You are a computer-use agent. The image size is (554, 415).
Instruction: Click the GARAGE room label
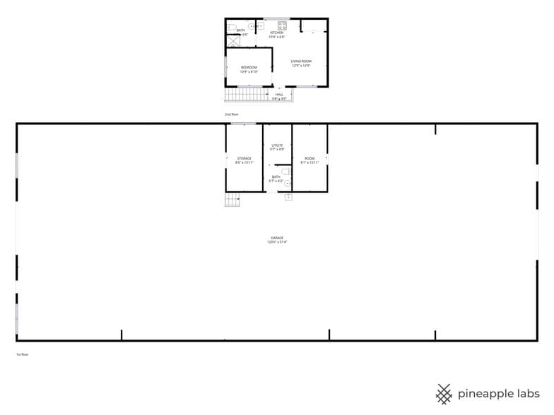coord(276,238)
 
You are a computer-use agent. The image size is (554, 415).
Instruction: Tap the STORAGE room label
coord(244,158)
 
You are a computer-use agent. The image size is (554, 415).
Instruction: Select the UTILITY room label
coord(277,145)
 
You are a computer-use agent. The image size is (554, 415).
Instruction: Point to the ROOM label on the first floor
coord(310,158)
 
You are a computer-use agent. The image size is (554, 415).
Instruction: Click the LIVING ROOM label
coord(301,61)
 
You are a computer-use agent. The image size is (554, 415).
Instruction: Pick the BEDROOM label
coord(249,68)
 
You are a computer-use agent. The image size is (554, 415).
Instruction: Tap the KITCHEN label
coord(276,32)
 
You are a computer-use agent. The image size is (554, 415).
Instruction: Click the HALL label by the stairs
coord(279,94)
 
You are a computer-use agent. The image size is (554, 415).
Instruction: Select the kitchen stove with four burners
coord(281,26)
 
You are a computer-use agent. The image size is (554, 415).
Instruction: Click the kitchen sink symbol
coord(259,26)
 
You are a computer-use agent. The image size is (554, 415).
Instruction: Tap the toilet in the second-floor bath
coord(231,27)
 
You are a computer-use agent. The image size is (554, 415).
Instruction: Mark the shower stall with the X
coord(232,40)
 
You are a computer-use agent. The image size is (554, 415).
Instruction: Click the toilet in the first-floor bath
coord(285,171)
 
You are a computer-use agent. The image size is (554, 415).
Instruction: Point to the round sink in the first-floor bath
coord(288,183)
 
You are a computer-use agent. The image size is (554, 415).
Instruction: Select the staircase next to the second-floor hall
coord(244,95)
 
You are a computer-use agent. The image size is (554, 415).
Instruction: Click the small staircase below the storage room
coord(232,200)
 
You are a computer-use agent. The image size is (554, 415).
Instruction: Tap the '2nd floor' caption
coord(232,114)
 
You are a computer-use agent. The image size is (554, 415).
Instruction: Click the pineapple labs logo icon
coord(444,394)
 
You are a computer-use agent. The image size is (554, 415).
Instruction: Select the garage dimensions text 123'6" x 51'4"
coord(276,242)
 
